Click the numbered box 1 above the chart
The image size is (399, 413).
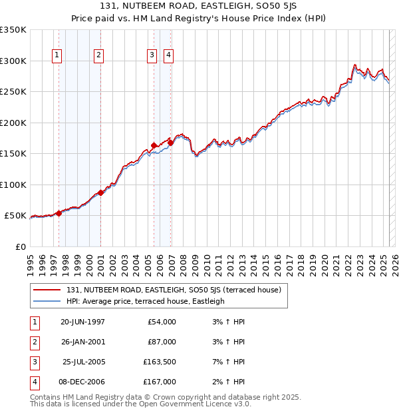(x=57, y=56)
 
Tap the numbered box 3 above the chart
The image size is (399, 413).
(x=152, y=56)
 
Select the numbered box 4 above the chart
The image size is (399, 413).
(x=169, y=56)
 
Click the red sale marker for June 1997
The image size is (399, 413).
(x=59, y=213)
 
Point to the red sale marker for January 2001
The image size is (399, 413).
(x=100, y=193)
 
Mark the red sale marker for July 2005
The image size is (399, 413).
(x=154, y=145)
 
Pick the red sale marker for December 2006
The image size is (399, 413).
(x=170, y=143)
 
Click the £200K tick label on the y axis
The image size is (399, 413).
(x=13, y=123)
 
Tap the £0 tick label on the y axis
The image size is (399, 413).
(x=21, y=246)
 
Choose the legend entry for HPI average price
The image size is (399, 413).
(x=145, y=301)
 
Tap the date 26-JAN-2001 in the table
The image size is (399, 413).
(x=82, y=342)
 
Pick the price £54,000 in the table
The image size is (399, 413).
(x=162, y=322)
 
